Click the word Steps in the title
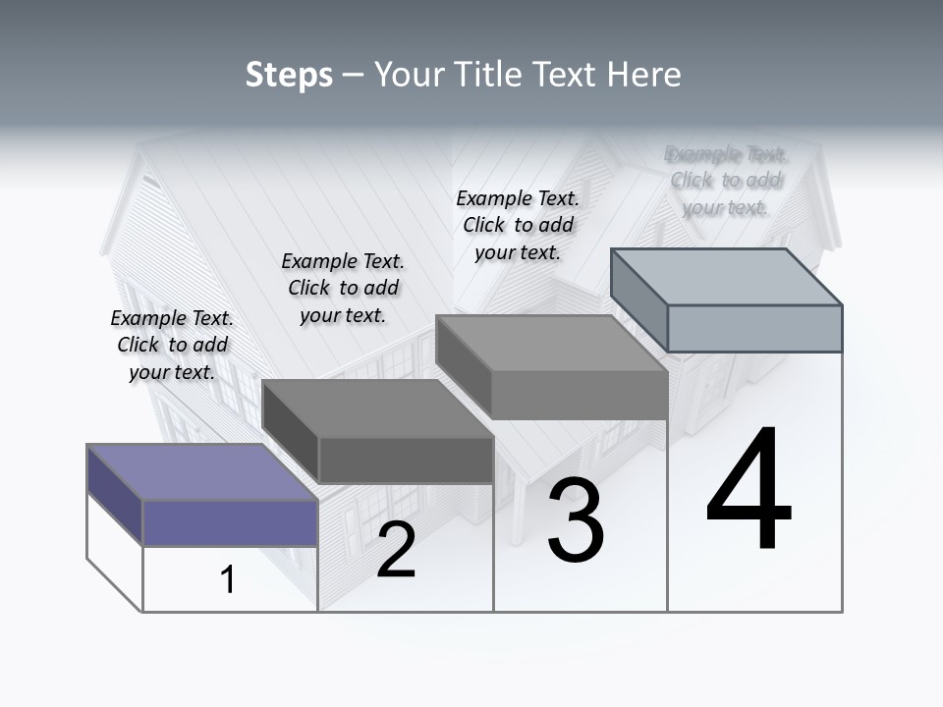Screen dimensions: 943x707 click(289, 76)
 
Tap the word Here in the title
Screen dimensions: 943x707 click(644, 75)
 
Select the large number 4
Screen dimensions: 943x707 click(749, 491)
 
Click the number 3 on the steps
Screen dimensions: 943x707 click(575, 520)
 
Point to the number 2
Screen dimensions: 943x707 click(396, 550)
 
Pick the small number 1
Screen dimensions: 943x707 click(228, 579)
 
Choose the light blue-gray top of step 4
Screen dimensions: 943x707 click(727, 276)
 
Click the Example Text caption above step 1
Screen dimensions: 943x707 click(172, 345)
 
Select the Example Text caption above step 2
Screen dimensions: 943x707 click(343, 288)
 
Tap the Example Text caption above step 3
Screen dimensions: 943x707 click(518, 225)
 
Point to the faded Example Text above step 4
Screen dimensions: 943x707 click(726, 180)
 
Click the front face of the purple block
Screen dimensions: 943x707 click(230, 522)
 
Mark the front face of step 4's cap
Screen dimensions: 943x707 click(754, 328)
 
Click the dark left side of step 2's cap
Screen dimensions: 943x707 click(291, 432)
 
